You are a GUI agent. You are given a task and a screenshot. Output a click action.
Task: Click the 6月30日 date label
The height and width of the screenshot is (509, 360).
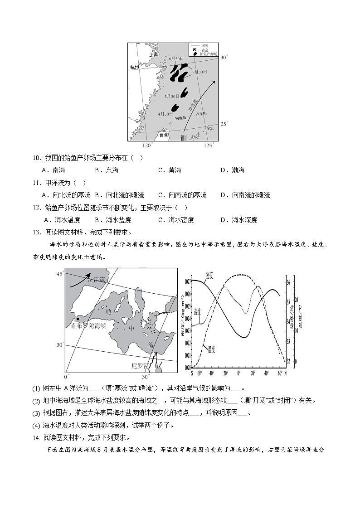pyautogui.click(x=176, y=58)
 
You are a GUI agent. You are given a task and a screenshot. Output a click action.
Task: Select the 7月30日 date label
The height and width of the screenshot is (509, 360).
pyautogui.click(x=199, y=72)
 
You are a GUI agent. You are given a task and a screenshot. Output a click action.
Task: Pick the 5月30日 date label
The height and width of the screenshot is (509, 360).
pyautogui.click(x=172, y=96)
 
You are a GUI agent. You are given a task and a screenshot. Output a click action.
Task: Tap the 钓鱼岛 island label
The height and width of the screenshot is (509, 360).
pyautogui.click(x=181, y=119)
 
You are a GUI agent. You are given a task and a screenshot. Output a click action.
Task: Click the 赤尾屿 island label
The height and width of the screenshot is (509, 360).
pyautogui.click(x=200, y=113)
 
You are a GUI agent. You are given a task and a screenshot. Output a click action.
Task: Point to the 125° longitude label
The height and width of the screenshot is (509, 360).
pyautogui.click(x=209, y=145)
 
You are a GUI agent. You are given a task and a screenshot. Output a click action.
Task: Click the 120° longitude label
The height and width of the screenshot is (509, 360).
pyautogui.click(x=147, y=145)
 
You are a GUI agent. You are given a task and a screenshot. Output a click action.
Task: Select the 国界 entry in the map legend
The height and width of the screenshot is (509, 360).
pyautogui.click(x=204, y=46)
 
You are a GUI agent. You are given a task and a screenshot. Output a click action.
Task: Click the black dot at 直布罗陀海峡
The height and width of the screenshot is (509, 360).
pyautogui.click(x=78, y=319)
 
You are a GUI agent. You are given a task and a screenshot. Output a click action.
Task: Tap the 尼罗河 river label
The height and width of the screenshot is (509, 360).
pyautogui.click(x=140, y=365)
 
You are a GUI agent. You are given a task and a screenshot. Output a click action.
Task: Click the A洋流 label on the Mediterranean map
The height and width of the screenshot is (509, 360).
pyautogui.click(x=96, y=280)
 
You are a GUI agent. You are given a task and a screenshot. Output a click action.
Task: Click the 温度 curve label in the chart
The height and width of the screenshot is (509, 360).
pyautogui.click(x=211, y=349)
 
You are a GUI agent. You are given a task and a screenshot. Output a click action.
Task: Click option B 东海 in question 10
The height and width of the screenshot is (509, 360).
pyautogui.click(x=107, y=170)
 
